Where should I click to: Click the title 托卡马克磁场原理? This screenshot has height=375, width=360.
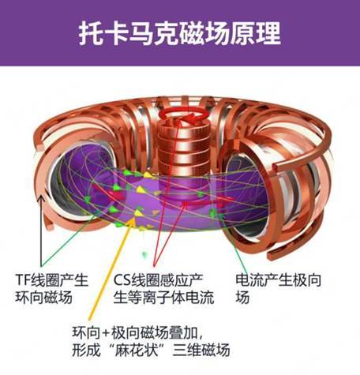[180, 34]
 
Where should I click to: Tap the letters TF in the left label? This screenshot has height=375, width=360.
[23, 279]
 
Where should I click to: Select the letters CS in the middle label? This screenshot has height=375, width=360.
[122, 280]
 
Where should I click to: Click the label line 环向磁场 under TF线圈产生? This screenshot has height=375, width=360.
[43, 298]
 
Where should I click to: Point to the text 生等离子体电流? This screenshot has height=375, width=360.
[163, 298]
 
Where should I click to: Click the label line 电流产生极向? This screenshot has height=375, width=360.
[278, 280]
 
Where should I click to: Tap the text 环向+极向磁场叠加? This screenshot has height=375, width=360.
[135, 333]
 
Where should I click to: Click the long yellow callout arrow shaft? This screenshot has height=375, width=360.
[111, 270]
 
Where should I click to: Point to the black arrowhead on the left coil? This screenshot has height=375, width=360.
[41, 199]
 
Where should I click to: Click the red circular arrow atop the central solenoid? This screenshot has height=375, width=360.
[184, 115]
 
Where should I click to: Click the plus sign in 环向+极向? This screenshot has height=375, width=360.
[105, 334]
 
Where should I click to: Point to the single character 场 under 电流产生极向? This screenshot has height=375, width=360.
[242, 298]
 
